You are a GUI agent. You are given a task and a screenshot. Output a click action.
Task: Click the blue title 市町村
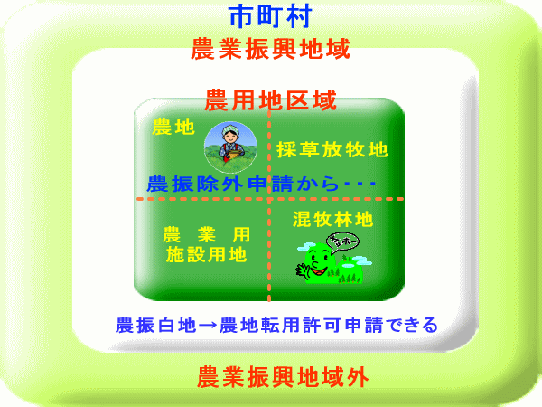[x=270, y=16]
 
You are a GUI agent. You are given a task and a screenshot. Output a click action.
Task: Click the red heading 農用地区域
[x=271, y=100]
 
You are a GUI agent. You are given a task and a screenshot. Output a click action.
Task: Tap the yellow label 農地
[x=173, y=127]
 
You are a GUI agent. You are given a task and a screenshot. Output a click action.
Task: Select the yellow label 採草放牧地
[x=332, y=149]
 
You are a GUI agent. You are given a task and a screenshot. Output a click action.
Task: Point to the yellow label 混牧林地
[x=333, y=220]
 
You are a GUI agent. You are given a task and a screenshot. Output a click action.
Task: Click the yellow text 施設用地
[x=206, y=255]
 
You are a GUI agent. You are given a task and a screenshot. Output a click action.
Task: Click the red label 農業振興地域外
[x=283, y=377]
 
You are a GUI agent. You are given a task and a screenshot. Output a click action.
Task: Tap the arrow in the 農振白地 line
[x=208, y=326]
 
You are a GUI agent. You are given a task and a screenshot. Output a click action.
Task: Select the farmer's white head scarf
[x=229, y=128]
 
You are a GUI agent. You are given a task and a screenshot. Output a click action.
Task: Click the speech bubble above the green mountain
[x=342, y=241]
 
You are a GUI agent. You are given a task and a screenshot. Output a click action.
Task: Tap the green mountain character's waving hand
[x=301, y=269]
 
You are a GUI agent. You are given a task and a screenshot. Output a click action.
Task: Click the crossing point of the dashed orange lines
[x=269, y=199]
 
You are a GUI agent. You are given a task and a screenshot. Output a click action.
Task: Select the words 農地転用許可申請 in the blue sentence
[x=301, y=325]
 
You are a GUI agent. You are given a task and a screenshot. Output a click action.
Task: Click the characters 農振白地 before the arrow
[x=156, y=325]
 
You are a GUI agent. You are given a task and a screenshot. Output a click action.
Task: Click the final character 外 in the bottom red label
[x=357, y=377]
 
